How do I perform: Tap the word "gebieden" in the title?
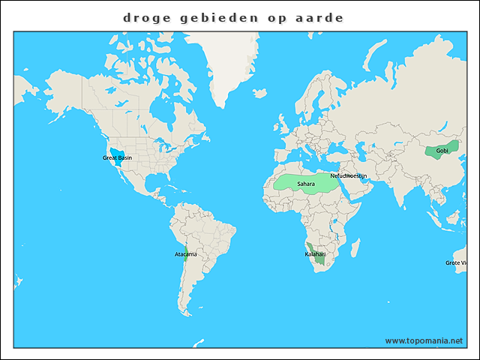pyautogui.click(x=218, y=16)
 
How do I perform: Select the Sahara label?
pyautogui.click(x=306, y=184)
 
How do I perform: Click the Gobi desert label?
pyautogui.click(x=442, y=151)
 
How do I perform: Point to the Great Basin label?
pyautogui.click(x=117, y=158)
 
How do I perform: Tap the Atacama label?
pyautogui.click(x=185, y=254)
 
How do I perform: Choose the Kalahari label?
pyautogui.click(x=315, y=254)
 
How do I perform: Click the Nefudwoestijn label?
pyautogui.click(x=349, y=175)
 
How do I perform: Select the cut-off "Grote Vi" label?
pyautogui.click(x=457, y=263)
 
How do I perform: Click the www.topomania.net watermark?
pyautogui.click(x=424, y=340)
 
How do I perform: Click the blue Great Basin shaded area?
pyautogui.click(x=117, y=151)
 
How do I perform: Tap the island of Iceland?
pyautogui.click(x=259, y=94)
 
